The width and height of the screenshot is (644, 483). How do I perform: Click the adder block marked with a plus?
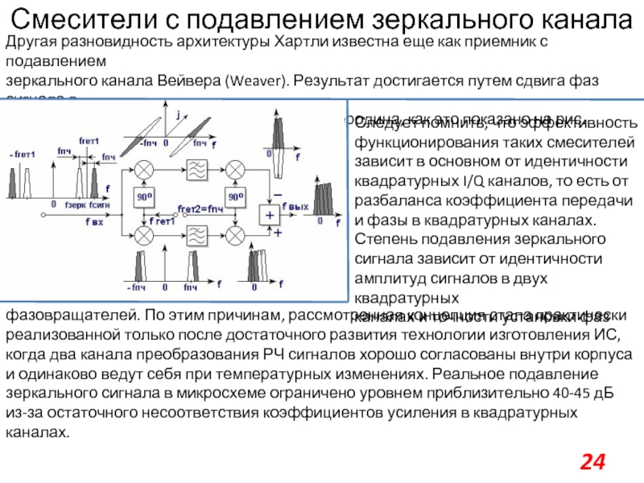pyautogui.click(x=267, y=213)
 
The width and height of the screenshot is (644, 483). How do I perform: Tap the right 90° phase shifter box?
pyautogui.click(x=234, y=196)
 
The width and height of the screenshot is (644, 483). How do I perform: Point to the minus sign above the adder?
pyautogui.click(x=279, y=196)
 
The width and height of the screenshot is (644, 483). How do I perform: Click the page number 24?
pyautogui.click(x=592, y=461)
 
